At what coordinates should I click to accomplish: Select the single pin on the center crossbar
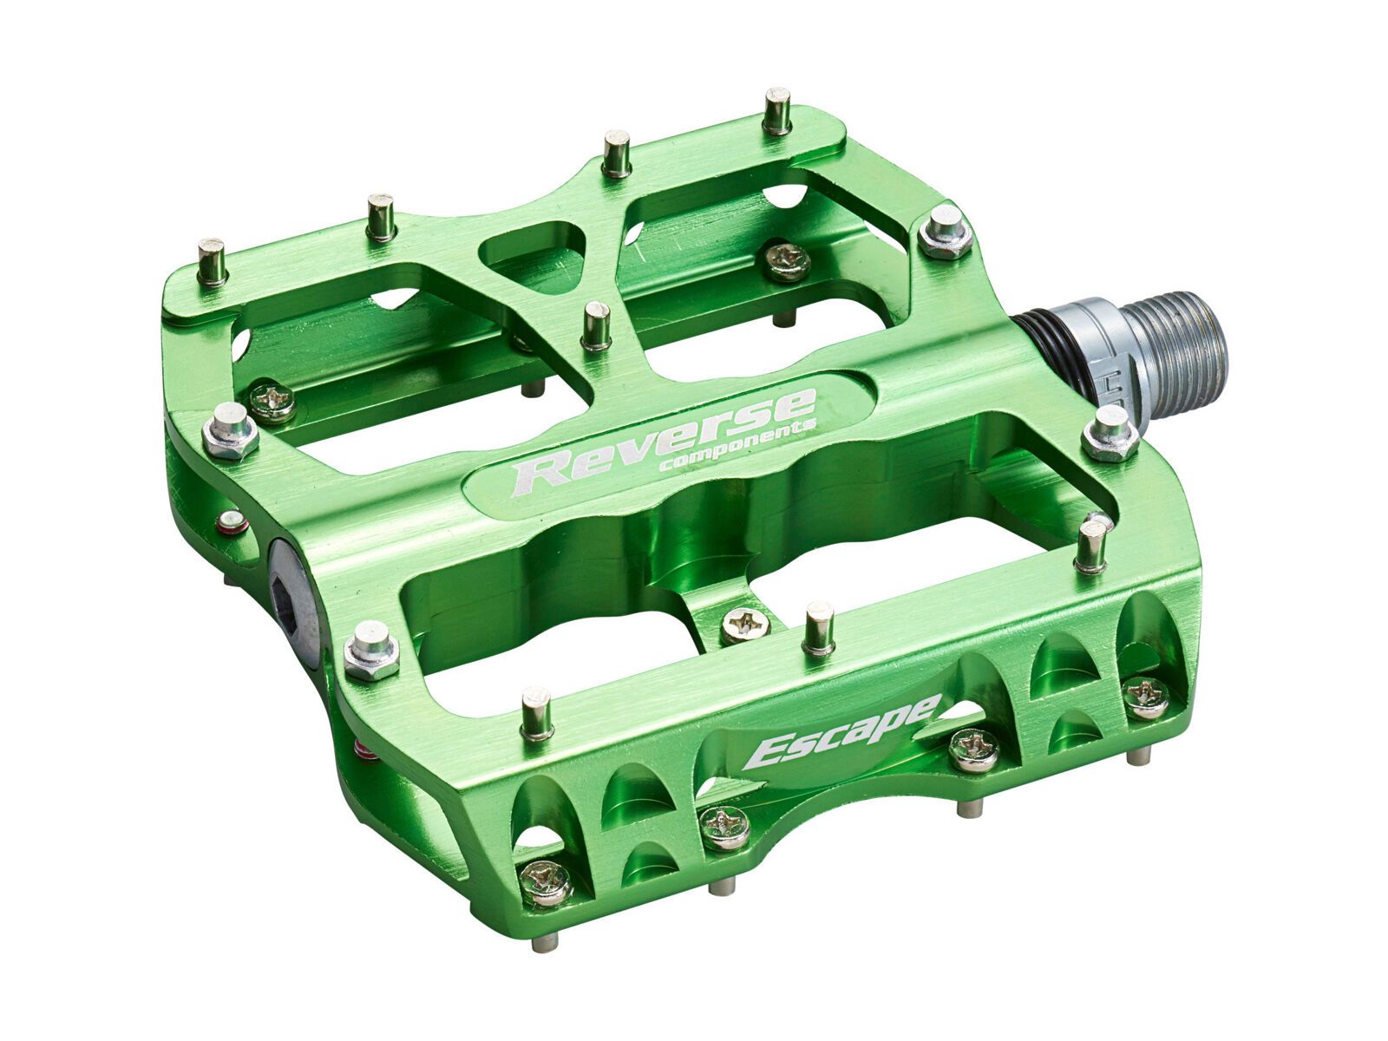pyautogui.click(x=595, y=326)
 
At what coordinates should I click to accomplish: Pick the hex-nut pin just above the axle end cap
pyautogui.click(x=230, y=430)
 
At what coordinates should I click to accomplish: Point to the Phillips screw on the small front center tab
pyautogui.click(x=743, y=622)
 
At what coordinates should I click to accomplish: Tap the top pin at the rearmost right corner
pyautogui.click(x=777, y=109)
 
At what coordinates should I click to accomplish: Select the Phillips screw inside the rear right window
pyautogui.click(x=785, y=259)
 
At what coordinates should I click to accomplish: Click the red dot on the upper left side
pyautogui.click(x=230, y=520)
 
